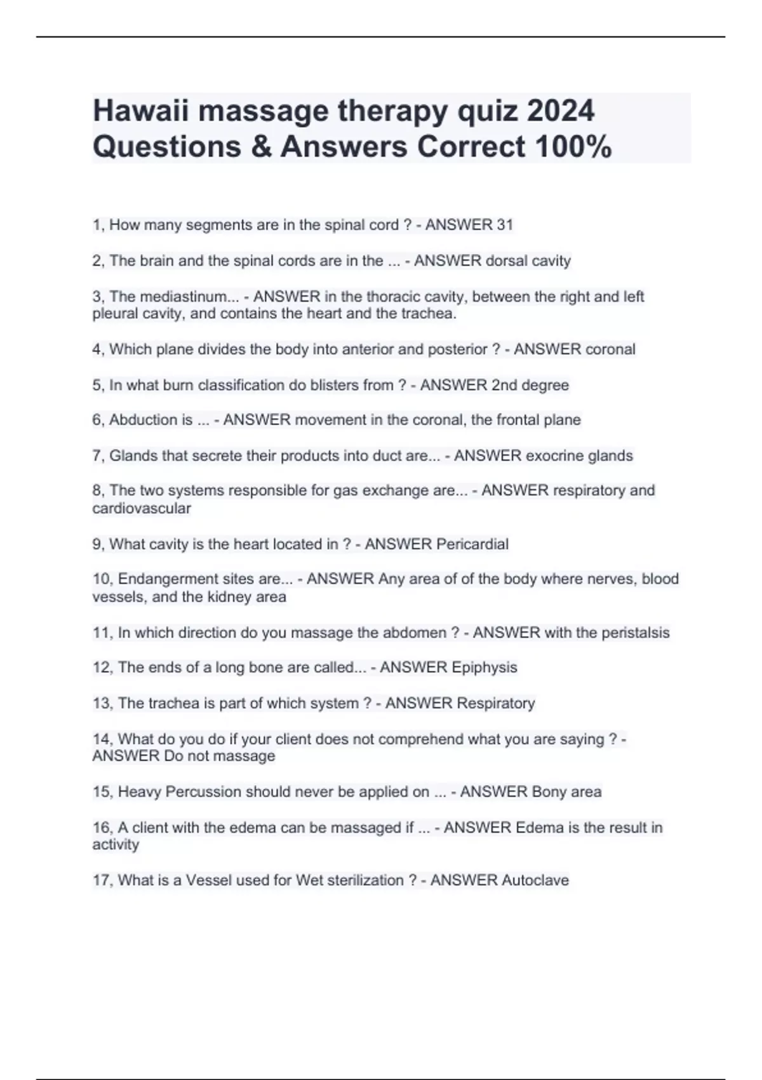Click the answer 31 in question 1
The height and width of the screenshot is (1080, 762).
point(505,225)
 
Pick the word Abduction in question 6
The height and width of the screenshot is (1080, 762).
point(150,420)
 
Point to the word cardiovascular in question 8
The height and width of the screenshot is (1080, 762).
point(142,508)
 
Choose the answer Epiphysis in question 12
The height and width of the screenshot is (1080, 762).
point(484,667)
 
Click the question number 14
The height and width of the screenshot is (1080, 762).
point(102,739)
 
